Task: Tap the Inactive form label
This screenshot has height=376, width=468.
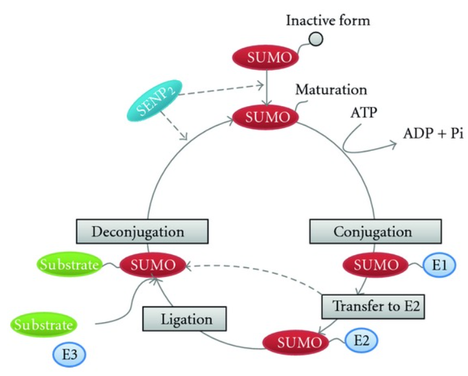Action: coord(328,20)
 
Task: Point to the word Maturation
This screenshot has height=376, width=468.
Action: coord(331,89)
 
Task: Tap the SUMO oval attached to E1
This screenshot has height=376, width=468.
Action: coord(375,265)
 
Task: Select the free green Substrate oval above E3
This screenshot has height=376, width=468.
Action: coord(44,323)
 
